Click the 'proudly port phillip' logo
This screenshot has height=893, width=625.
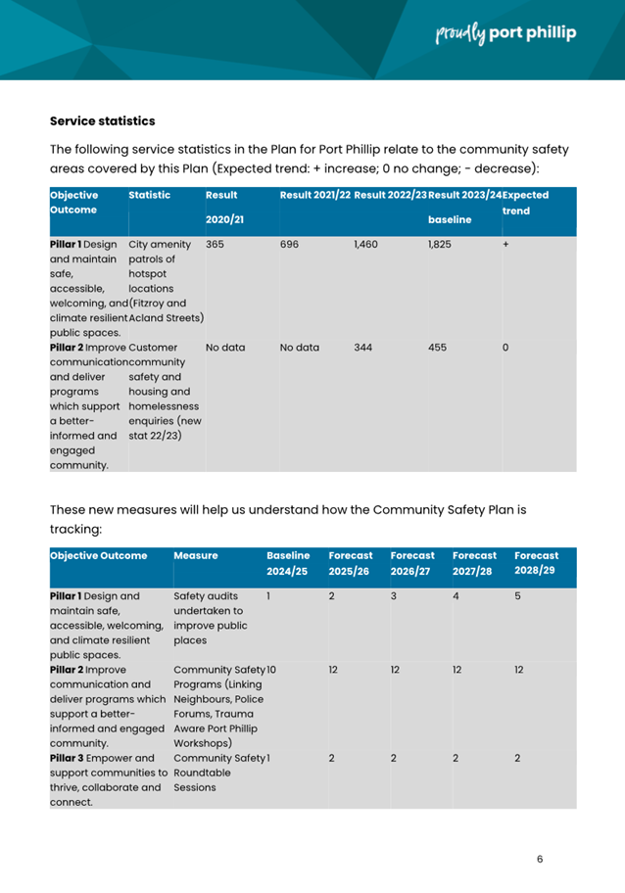click(x=505, y=34)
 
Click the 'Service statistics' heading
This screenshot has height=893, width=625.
click(x=102, y=121)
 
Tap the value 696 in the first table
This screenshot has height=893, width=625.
click(x=289, y=244)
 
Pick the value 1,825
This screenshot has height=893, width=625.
click(x=441, y=244)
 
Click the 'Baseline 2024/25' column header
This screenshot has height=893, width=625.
click(x=289, y=562)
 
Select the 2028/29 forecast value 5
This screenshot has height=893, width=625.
click(x=518, y=594)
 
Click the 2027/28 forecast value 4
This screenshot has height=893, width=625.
click(x=456, y=594)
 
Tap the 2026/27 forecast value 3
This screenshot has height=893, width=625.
click(x=394, y=594)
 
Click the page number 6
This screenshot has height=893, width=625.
click(x=540, y=859)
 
